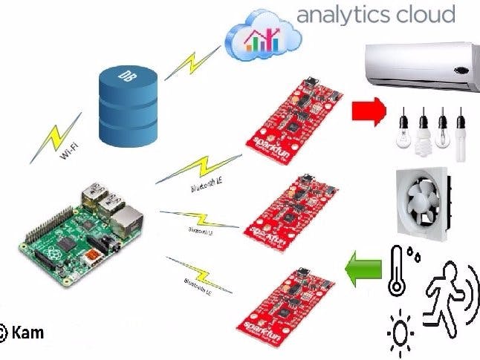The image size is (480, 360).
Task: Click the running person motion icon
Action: (x=446, y=292)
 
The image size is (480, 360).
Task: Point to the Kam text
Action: (x=28, y=333)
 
